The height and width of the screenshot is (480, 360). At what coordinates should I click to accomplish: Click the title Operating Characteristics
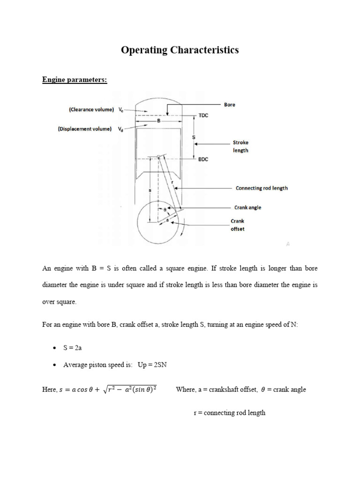coord(180,50)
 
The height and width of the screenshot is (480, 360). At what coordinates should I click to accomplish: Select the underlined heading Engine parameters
coord(75,80)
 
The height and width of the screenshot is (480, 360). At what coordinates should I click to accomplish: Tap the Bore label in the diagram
coord(229,105)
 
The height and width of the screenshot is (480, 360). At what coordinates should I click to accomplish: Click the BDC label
coord(204,159)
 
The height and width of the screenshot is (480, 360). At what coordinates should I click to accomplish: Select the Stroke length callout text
coord(240,146)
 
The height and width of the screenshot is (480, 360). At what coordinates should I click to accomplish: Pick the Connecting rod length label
coord(262,188)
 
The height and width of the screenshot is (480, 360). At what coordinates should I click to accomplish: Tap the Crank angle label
coord(248,208)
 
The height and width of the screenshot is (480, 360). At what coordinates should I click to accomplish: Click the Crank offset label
coord(237,225)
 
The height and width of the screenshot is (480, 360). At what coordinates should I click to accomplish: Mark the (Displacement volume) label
coord(84,129)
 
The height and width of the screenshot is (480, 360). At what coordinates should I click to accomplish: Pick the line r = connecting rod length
coord(230,413)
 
